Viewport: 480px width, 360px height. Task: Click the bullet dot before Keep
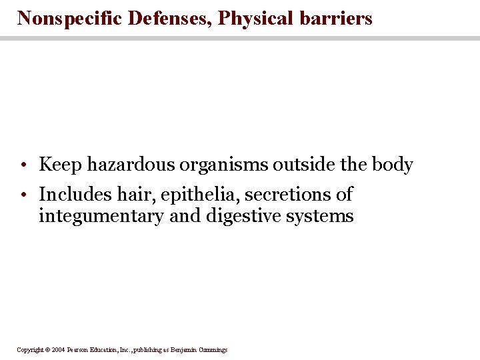click(23, 165)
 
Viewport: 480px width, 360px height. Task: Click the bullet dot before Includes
click(23, 195)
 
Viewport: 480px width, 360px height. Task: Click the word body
click(393, 165)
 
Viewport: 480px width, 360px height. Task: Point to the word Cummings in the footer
click(212, 350)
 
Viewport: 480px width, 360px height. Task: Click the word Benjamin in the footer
click(181, 350)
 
